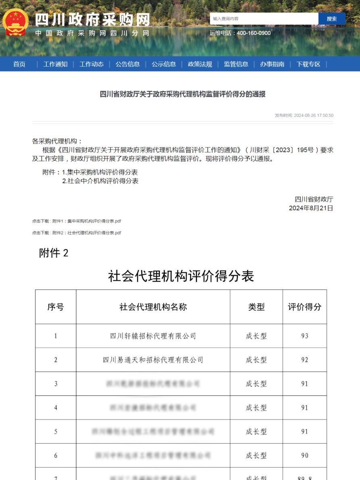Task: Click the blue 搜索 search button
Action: pyautogui.click(x=332, y=19)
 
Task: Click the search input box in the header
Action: pyautogui.click(x=264, y=19)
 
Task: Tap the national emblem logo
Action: pyautogui.click(x=16, y=23)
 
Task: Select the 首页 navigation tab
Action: pyautogui.click(x=19, y=64)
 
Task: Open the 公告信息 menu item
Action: pyautogui.click(x=127, y=64)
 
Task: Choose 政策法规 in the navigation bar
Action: pyautogui.click(x=200, y=64)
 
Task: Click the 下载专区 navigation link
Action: pyautogui.click(x=308, y=64)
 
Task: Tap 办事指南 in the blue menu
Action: pyautogui.click(x=272, y=64)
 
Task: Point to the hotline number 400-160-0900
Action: pyautogui.click(x=254, y=33)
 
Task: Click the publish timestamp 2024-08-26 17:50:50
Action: pyautogui.click(x=313, y=115)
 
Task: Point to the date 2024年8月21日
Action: pyautogui.click(x=311, y=208)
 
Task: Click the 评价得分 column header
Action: pyautogui.click(x=304, y=307)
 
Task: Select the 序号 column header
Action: pyautogui.click(x=56, y=307)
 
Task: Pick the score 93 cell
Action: pyautogui.click(x=304, y=336)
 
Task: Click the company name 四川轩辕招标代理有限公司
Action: pyautogui.click(x=153, y=336)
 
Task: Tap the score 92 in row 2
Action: pyautogui.click(x=304, y=360)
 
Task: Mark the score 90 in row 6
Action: pyautogui.click(x=304, y=455)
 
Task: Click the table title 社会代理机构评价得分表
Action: pyautogui.click(x=181, y=276)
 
